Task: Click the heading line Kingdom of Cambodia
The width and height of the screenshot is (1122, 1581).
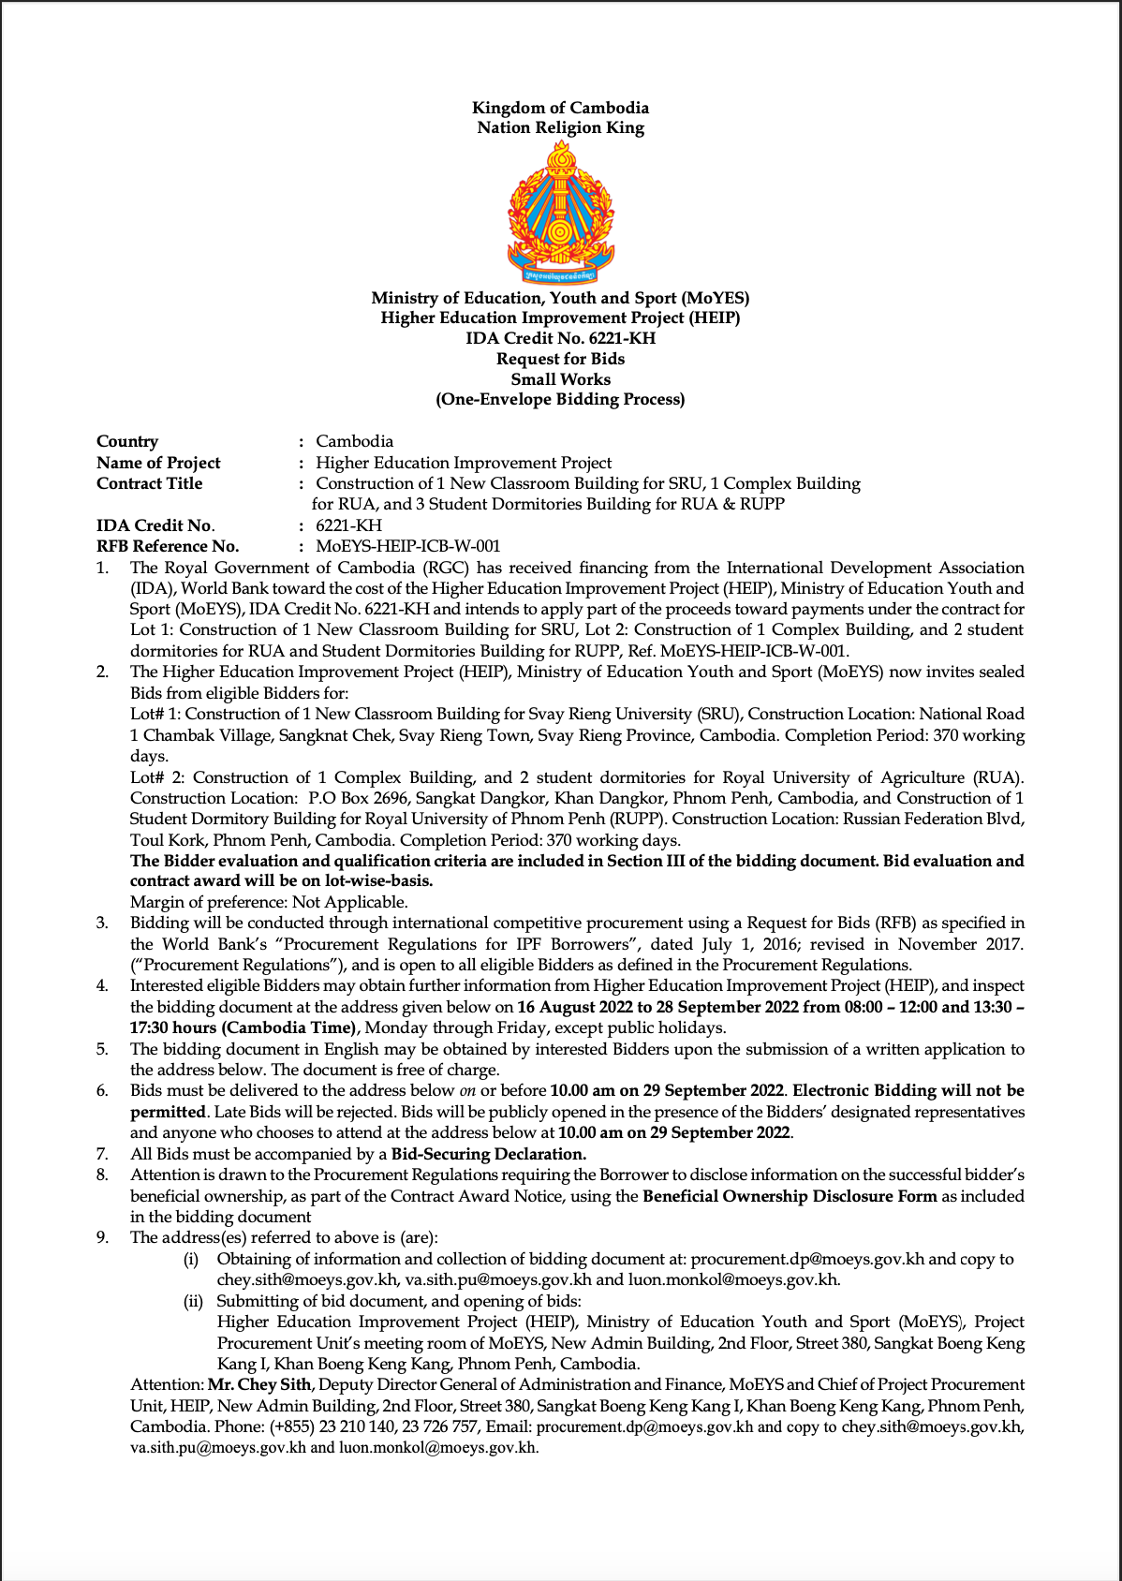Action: (560, 108)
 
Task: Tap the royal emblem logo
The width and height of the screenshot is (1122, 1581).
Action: (560, 214)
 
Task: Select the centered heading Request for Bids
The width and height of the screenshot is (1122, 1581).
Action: (560, 359)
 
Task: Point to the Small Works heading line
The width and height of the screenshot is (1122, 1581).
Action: (560, 379)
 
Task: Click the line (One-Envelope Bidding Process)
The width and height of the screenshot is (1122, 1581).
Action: (560, 400)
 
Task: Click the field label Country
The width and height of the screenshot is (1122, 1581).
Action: (127, 441)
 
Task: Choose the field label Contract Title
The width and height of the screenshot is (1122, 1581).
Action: (149, 483)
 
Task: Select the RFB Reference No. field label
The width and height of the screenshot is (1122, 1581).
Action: (168, 546)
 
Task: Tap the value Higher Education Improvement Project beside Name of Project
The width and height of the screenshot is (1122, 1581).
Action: (464, 463)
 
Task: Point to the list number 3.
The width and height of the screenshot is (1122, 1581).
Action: (102, 923)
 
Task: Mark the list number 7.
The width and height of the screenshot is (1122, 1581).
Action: (102, 1154)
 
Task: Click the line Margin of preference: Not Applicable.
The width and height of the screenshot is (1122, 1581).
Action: (269, 902)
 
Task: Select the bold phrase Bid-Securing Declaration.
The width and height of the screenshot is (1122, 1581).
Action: (489, 1154)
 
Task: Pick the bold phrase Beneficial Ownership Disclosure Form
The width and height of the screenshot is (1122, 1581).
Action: (790, 1196)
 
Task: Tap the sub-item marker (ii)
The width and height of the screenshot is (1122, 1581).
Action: (193, 1301)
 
